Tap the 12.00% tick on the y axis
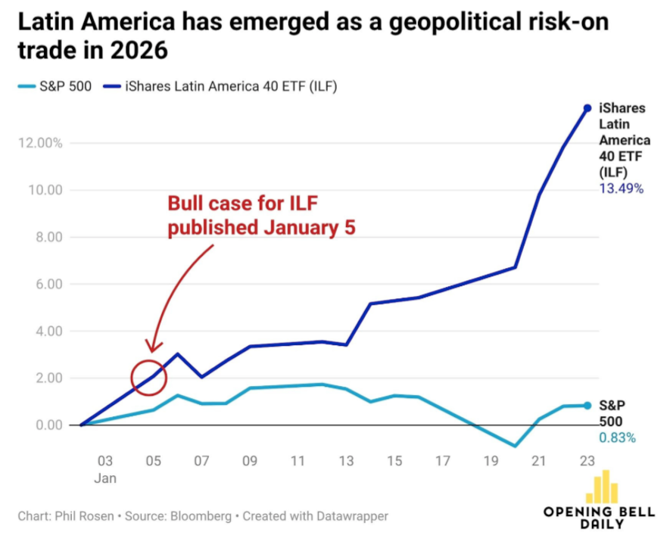point(41,143)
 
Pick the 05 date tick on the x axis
point(153,460)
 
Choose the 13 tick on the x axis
point(346,460)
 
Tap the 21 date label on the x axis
point(539,460)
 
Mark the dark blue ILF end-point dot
point(587,108)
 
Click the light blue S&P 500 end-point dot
point(587,406)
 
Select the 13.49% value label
point(621,188)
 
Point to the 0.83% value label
point(617,437)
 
